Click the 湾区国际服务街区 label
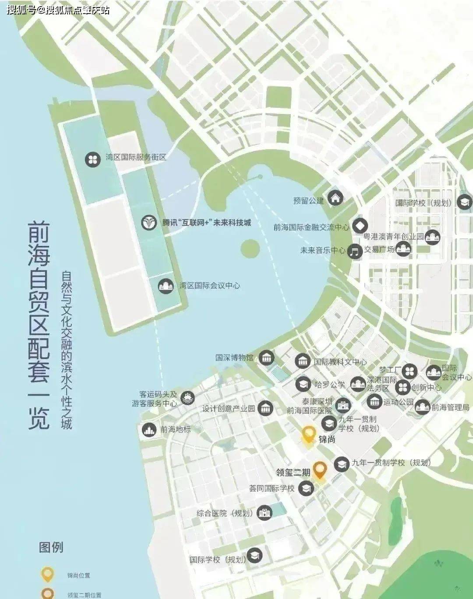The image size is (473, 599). [x=136, y=157]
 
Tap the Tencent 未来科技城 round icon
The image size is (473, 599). [x=149, y=223]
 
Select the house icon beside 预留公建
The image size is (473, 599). [x=336, y=198]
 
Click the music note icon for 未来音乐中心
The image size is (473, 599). [x=355, y=252]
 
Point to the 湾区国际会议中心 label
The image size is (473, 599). [x=209, y=286]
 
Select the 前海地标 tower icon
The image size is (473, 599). [x=149, y=429]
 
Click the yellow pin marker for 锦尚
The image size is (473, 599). [x=309, y=436]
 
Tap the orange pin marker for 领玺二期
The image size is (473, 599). [x=320, y=470]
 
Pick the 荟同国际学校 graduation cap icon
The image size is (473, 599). [x=306, y=488]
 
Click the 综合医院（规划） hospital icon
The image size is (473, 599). [x=264, y=513]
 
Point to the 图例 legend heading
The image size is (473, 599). [x=51, y=547]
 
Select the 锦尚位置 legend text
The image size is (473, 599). [x=78, y=575]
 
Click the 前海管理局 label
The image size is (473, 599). [x=450, y=408]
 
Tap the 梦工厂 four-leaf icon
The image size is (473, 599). [x=409, y=371]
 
